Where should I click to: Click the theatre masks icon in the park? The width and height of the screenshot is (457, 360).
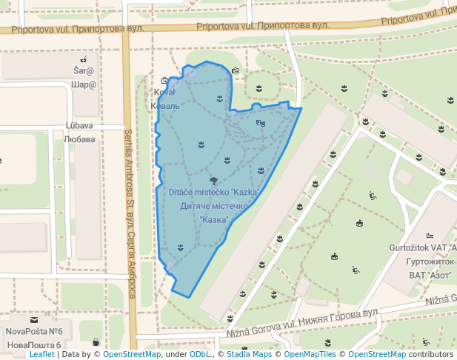click(260, 123)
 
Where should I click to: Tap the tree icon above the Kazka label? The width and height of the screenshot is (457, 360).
click(213, 180)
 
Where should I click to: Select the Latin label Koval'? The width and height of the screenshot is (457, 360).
click(164, 93)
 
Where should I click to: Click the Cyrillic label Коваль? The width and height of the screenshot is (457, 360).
click(164, 106)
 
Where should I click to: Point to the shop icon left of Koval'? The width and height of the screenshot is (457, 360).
click(164, 81)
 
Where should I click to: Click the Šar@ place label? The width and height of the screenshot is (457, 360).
click(84, 71)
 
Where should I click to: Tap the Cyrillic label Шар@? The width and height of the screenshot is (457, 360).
click(84, 84)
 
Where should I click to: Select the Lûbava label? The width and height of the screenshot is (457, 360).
click(79, 125)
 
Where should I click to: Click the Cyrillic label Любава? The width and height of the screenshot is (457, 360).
click(79, 139)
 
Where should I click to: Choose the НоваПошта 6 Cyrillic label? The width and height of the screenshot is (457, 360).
click(33, 345)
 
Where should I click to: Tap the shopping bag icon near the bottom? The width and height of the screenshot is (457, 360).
click(96, 342)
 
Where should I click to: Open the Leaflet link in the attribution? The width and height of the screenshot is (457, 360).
click(41, 355)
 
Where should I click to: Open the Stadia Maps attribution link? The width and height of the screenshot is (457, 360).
click(249, 355)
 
